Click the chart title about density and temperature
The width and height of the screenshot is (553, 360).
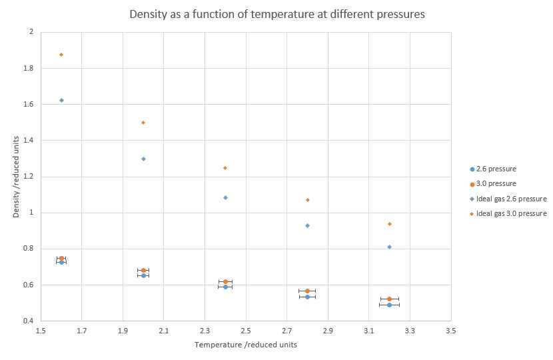pos(276,14)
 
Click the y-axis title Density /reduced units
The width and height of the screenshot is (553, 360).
pos(16,176)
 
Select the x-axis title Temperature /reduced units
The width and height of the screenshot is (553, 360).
pos(246,345)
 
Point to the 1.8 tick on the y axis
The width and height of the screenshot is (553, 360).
pos(29,68)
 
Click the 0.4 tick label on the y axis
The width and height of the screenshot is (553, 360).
pos(29,321)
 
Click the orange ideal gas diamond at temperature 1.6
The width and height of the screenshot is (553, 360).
pos(61,55)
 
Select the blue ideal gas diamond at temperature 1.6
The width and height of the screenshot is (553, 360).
pos(61,100)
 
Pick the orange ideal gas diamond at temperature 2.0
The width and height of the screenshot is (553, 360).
pos(143,123)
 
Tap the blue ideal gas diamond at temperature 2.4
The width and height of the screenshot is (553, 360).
pos(225,197)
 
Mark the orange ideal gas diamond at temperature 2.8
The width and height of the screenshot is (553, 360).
pos(307,200)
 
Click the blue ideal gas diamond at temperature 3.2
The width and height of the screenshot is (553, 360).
pos(389,247)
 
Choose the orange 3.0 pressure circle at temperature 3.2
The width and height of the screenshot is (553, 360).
pos(389,299)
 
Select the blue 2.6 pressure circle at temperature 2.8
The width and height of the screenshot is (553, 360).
pos(307,297)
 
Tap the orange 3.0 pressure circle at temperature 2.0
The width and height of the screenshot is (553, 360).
pos(143,270)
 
